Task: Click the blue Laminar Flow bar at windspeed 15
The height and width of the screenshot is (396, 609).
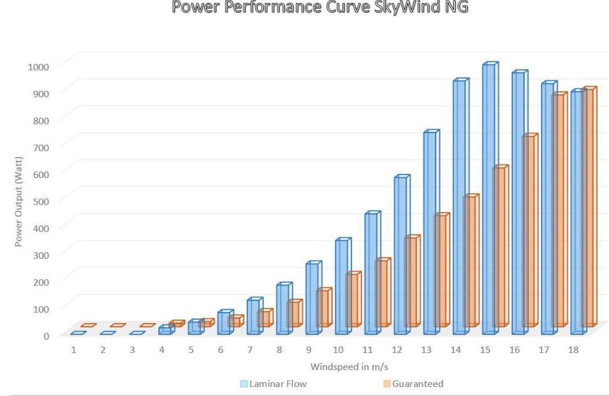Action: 489,199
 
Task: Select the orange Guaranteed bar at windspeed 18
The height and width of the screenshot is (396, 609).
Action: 587,207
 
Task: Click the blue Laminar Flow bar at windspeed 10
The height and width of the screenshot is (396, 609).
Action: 342,287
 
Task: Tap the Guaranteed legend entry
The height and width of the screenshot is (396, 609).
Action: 417,383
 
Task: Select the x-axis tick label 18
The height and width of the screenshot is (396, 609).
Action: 573,350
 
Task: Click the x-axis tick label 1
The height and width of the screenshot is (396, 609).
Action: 74,350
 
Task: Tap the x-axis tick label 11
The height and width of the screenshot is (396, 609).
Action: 368,350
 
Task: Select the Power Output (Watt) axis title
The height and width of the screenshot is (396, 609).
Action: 19,202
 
